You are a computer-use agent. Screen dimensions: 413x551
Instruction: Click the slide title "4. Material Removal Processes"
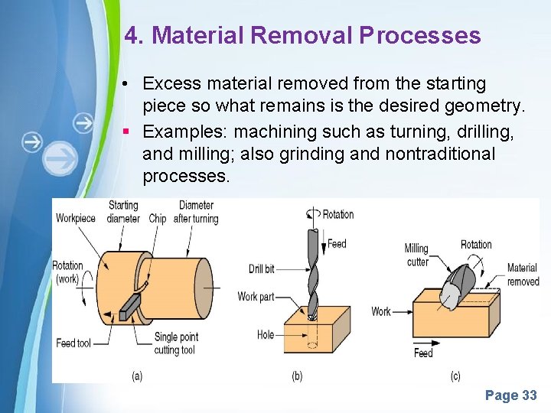[x=302, y=35]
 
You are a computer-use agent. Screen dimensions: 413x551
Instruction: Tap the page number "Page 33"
[x=510, y=395]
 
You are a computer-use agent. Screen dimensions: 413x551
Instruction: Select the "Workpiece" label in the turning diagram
[x=76, y=218]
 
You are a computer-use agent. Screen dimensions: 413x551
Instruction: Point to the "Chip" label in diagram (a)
[x=157, y=219]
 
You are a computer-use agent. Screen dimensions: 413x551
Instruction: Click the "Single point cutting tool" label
[x=176, y=343]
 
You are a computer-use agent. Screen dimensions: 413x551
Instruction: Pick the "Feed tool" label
[x=73, y=343]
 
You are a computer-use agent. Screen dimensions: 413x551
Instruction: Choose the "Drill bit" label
[x=262, y=268]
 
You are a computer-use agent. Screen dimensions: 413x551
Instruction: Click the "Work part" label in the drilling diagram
[x=256, y=297]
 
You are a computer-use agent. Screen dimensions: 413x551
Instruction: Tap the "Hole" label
[x=266, y=334]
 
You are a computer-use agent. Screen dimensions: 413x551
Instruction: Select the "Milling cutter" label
[x=417, y=255]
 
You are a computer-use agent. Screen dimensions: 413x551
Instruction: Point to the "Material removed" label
[x=523, y=275]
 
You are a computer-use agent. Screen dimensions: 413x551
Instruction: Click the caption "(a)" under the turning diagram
[x=137, y=376]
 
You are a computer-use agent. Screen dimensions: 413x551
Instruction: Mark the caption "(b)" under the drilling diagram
[x=296, y=376]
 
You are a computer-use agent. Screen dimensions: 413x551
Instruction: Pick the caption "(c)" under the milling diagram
[x=455, y=376]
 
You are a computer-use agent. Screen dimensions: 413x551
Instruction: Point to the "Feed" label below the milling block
[x=423, y=353]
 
